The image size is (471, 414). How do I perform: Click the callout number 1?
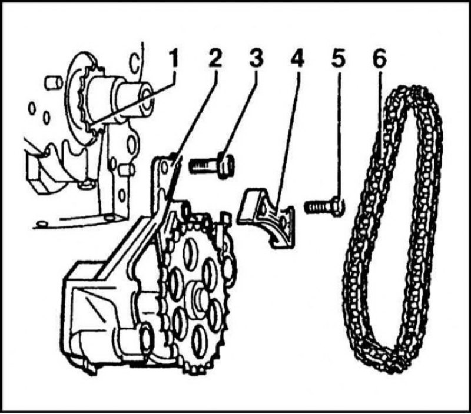click(x=173, y=58)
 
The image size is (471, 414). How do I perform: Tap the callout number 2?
click(x=215, y=58)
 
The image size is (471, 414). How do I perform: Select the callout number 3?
click(x=256, y=58)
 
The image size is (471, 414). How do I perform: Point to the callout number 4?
click(x=297, y=58)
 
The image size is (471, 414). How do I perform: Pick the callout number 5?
click(x=339, y=58)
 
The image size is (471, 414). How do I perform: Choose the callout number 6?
click(x=379, y=58)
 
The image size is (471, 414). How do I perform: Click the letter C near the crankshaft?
click(x=134, y=62)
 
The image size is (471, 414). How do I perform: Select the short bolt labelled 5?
click(x=324, y=206)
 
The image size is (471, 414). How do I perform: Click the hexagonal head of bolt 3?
click(x=226, y=166)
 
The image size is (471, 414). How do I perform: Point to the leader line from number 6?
click(x=381, y=115)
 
